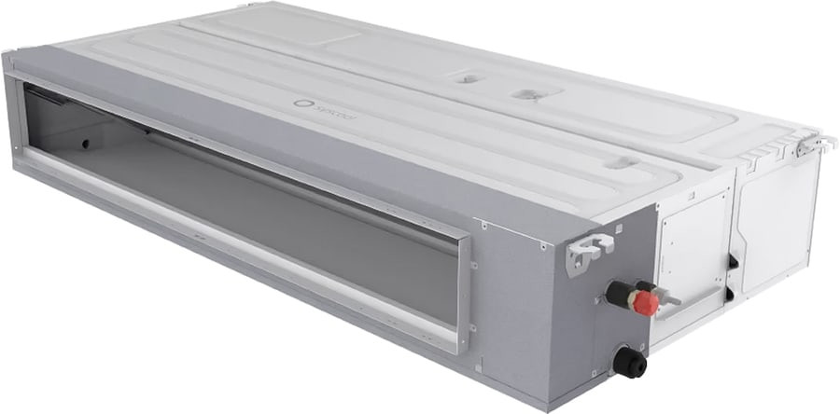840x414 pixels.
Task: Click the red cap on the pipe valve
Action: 643,301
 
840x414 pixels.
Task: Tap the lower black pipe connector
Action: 629,361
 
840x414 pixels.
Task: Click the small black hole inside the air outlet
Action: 85,145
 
